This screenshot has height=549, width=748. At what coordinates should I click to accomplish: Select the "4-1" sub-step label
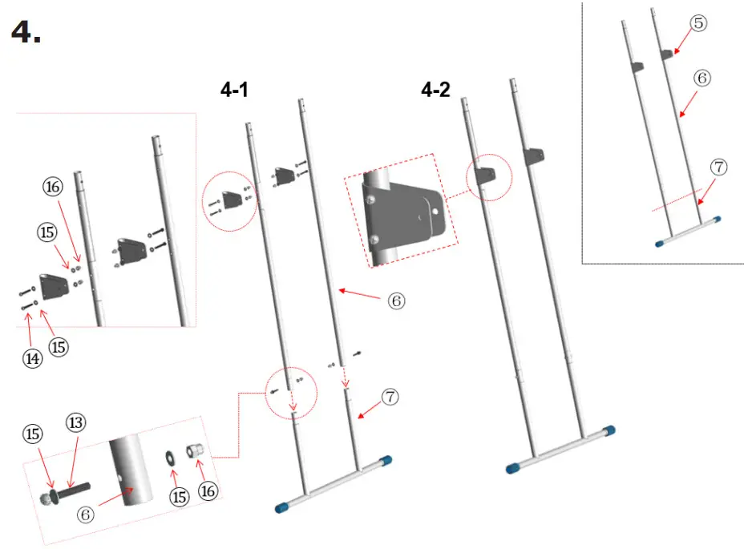[234, 91]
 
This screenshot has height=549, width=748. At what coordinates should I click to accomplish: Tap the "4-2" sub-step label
[435, 91]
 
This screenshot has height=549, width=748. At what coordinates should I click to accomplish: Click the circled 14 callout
[32, 359]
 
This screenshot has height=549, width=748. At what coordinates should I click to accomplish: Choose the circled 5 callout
[698, 23]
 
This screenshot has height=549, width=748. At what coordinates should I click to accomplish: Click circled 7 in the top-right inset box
[718, 168]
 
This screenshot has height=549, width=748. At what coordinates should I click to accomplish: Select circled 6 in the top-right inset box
[702, 79]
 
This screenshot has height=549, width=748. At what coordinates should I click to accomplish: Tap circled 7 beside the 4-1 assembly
[390, 397]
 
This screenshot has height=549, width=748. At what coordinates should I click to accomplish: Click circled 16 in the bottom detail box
[208, 491]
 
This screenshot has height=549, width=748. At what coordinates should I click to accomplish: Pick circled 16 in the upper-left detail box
[53, 188]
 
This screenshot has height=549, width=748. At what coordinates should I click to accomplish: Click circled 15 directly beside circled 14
[58, 346]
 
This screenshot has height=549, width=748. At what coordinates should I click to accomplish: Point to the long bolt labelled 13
[74, 486]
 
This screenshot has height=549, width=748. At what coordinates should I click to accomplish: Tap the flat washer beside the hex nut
[171, 457]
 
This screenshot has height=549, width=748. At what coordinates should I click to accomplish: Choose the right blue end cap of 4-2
[609, 431]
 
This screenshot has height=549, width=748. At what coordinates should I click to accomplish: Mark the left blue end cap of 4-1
[282, 507]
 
